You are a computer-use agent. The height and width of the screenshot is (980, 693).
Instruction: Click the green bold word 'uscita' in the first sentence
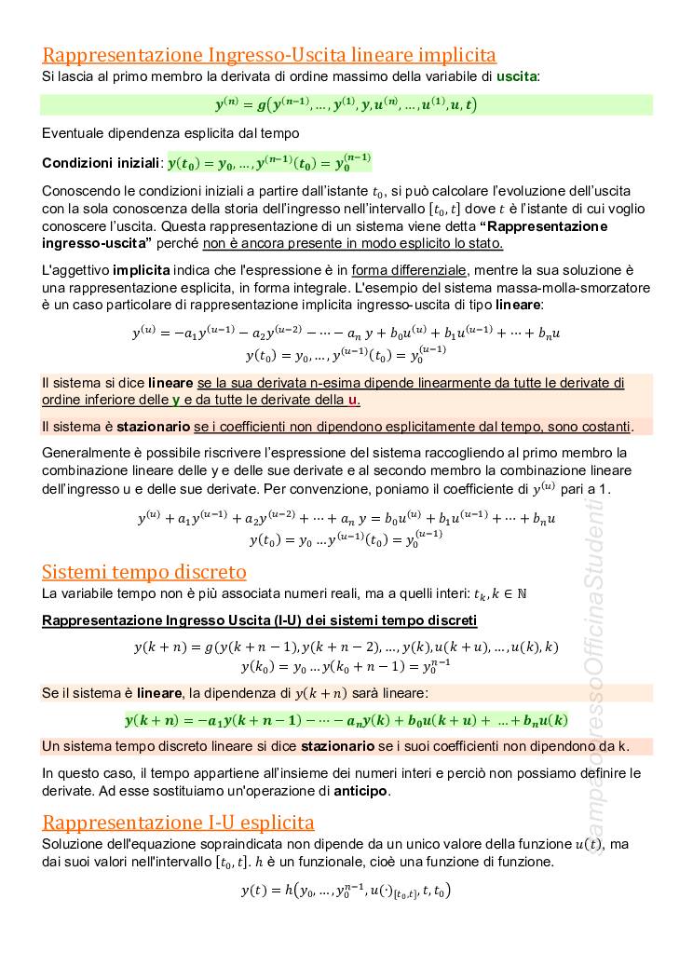point(517,75)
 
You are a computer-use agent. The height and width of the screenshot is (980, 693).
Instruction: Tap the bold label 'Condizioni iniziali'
point(102,163)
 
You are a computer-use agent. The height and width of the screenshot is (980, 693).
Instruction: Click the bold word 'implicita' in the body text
point(142,270)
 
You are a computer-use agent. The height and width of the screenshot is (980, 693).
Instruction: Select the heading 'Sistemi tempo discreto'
point(144,571)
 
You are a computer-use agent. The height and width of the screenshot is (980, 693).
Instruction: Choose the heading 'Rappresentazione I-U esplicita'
point(178,822)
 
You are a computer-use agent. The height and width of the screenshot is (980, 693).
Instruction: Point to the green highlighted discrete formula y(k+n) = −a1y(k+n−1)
point(346,720)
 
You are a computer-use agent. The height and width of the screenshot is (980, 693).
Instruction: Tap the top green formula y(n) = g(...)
point(346,104)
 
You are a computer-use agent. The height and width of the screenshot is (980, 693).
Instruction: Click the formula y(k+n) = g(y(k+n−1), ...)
point(346,646)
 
